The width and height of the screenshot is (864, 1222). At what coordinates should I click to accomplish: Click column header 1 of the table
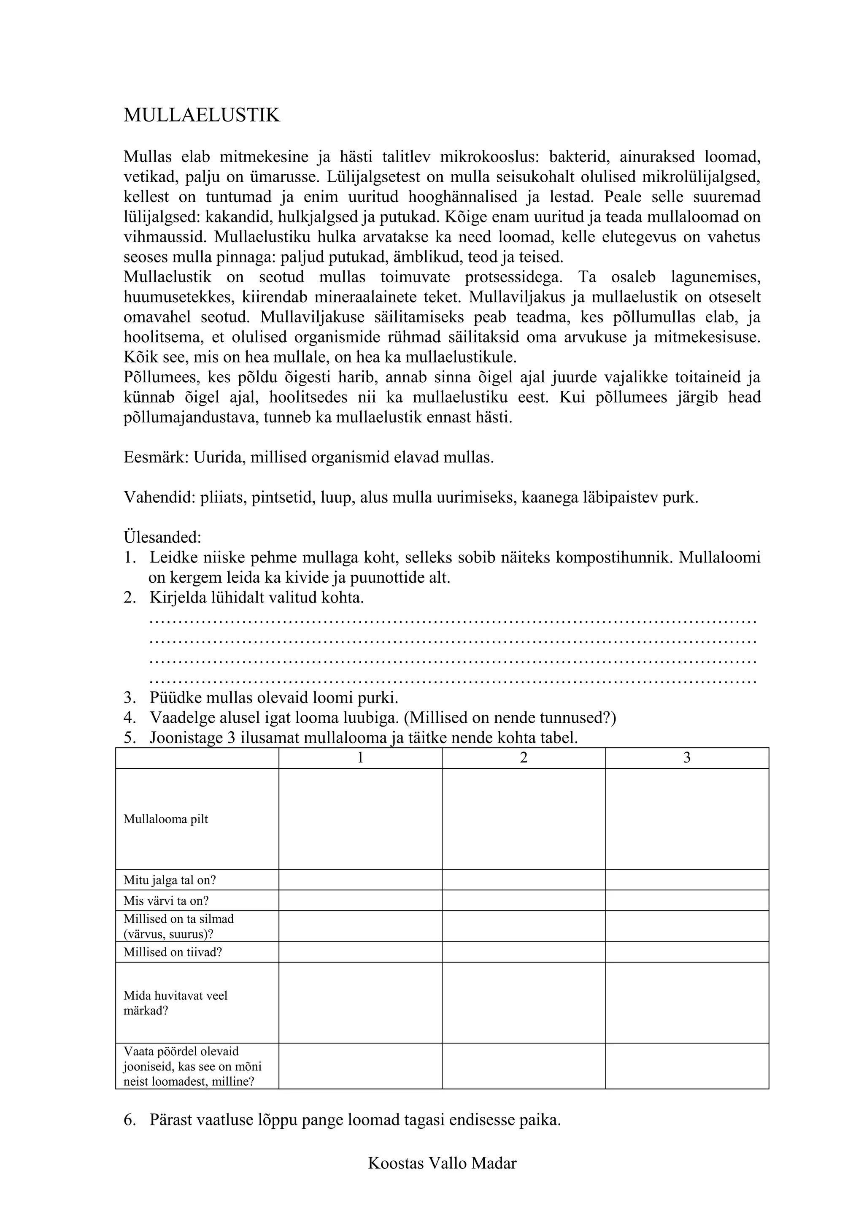360,758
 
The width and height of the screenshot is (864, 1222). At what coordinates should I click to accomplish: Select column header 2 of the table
524,758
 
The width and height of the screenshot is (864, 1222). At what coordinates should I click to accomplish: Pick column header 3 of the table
686,758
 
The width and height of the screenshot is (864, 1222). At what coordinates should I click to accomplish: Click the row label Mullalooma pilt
165,819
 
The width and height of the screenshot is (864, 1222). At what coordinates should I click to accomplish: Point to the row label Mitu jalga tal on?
170,880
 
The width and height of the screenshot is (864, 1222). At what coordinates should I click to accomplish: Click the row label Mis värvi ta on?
166,900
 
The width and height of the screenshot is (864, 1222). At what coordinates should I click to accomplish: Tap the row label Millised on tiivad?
173,952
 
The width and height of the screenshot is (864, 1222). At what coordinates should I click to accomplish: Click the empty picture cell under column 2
524,819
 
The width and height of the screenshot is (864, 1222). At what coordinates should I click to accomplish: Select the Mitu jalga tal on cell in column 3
686,880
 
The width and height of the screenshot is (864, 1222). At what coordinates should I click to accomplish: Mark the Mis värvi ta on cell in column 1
360,900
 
